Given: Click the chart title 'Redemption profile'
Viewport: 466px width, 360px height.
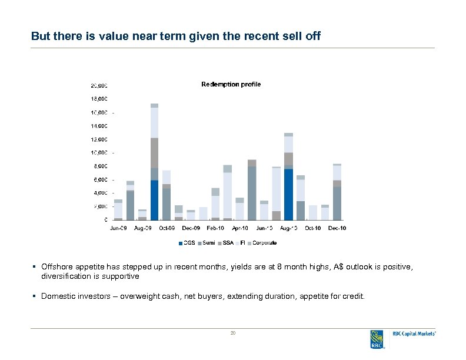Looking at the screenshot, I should pos(231,85).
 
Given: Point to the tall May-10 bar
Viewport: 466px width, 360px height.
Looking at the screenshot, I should pos(252,193).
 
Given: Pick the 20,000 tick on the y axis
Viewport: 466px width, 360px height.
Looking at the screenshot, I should pos(98,85).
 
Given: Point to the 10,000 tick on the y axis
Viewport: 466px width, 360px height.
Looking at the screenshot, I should pos(98,153).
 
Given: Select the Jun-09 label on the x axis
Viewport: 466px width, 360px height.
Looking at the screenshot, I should pos(118,228).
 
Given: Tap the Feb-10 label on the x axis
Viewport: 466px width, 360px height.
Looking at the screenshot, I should pos(215,228).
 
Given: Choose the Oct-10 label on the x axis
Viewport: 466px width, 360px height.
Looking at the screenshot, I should pos(312,228).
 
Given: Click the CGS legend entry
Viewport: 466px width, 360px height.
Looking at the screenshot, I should pos(187,242).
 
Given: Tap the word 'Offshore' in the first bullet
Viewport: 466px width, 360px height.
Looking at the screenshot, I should pos(57,267).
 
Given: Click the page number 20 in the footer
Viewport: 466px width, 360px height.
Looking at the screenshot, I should pos(233,334).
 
